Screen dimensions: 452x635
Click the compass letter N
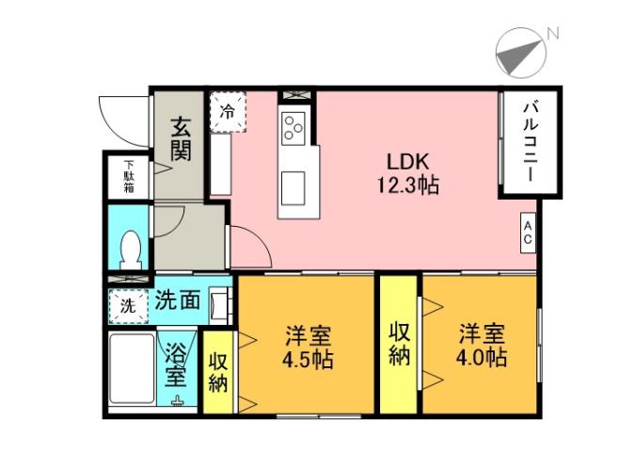[x=554, y=34]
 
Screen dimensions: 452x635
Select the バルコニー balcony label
[x=529, y=143]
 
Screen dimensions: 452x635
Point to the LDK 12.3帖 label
[x=407, y=171]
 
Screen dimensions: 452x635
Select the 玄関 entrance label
[x=181, y=138]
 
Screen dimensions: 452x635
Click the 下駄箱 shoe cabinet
[x=130, y=177]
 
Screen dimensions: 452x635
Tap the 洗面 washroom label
[x=178, y=301]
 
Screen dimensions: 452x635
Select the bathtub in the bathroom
[x=131, y=370]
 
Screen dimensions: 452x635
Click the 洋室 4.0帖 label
[x=483, y=346]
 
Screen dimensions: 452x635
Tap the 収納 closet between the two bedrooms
[x=398, y=344]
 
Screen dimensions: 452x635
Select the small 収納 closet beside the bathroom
[x=218, y=372]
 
